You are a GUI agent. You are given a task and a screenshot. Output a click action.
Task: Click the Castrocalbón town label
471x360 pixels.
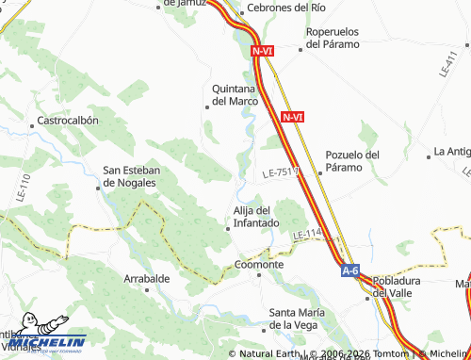pos(67,122)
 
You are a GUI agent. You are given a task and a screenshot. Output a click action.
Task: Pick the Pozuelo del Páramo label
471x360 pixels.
pos(351,160)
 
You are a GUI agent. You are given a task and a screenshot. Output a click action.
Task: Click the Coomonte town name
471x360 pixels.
pos(259,265)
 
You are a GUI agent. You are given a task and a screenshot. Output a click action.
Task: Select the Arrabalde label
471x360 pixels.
pos(147,279)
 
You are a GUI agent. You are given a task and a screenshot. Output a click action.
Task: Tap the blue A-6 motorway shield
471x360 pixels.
pos(350,271)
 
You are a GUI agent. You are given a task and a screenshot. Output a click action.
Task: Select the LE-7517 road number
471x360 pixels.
pos(280,173)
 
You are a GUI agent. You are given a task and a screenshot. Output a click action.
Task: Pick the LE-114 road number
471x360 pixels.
pos(307,235)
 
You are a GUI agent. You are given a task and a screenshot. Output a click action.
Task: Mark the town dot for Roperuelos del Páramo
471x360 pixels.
pos(300,51)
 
